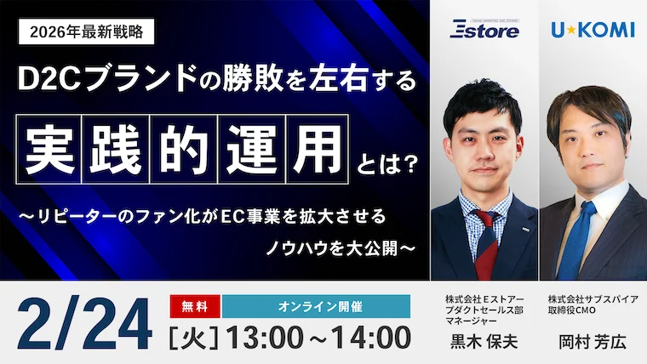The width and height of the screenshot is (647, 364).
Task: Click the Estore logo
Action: (484, 30)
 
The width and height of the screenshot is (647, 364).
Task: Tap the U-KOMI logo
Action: (593, 30)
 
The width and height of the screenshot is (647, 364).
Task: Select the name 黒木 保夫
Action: (484, 342)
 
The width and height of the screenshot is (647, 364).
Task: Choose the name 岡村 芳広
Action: (593, 342)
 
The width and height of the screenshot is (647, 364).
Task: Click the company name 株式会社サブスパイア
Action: (593, 300)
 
